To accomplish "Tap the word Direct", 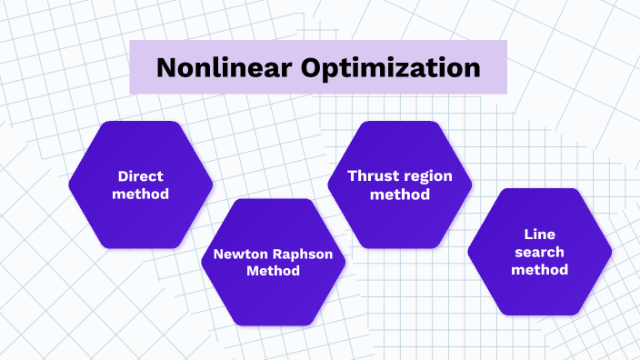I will click(x=140, y=177).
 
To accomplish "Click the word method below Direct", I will click(x=140, y=195).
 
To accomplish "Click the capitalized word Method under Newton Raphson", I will click(x=274, y=271).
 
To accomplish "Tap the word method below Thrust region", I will click(x=401, y=194).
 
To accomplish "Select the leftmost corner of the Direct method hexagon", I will click(x=69, y=185).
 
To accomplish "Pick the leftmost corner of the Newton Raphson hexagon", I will click(x=201, y=262).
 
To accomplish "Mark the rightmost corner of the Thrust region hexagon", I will click(x=473, y=185).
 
